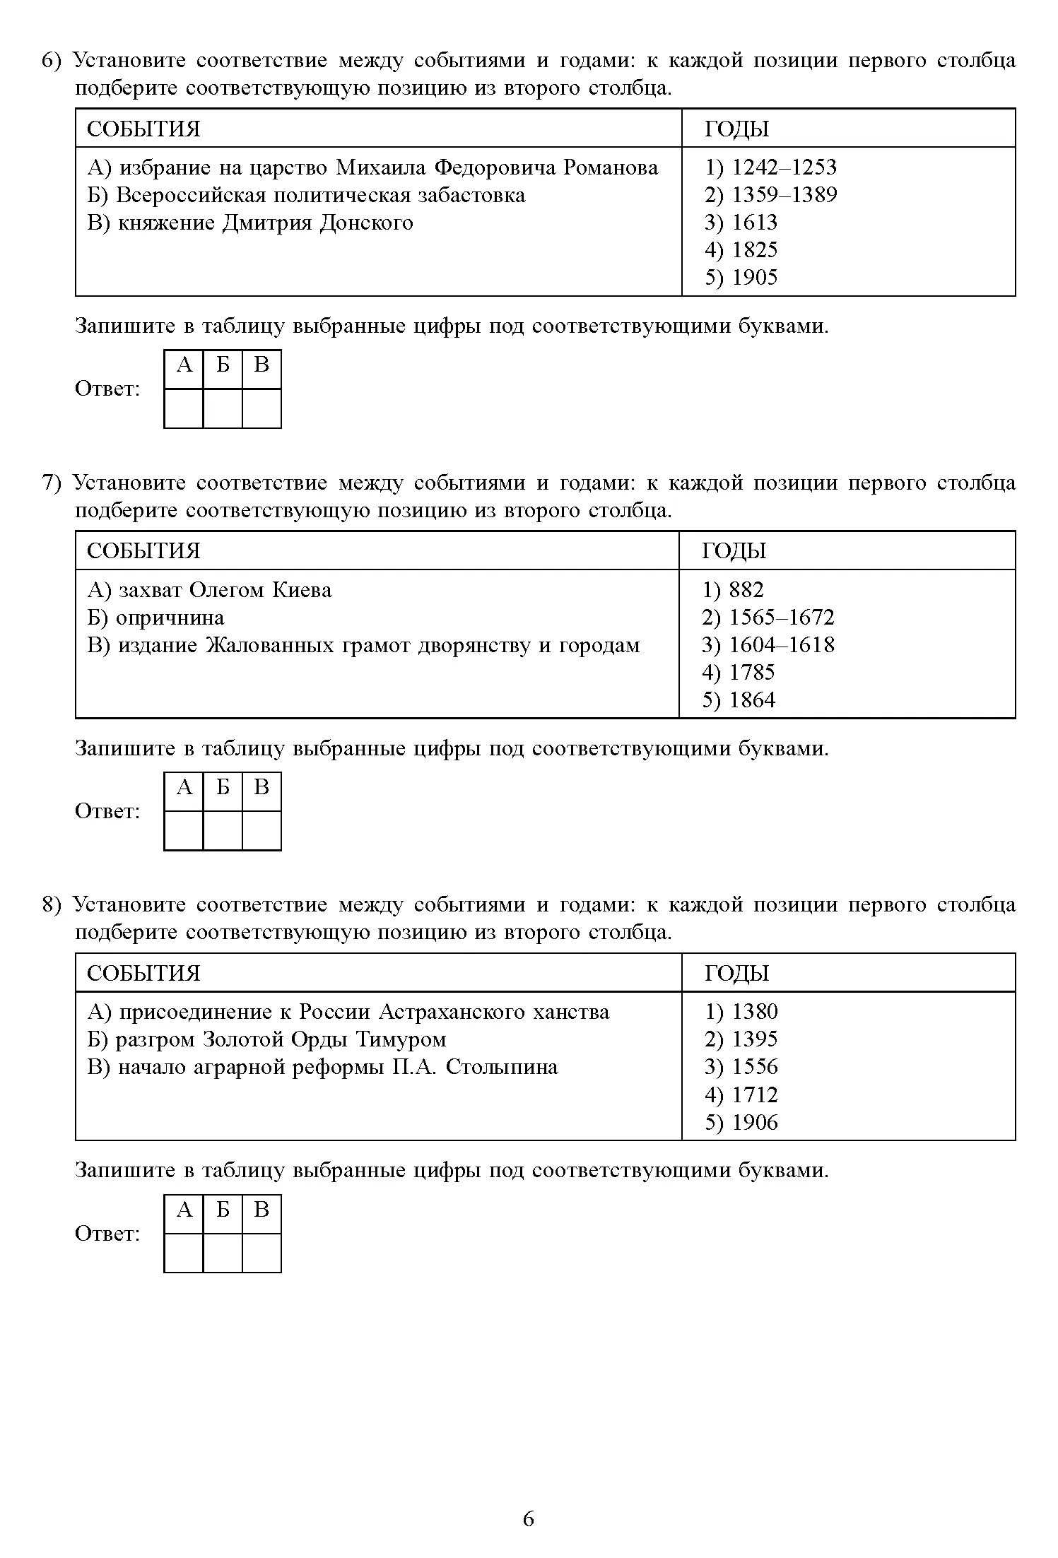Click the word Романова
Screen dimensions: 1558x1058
[x=611, y=167]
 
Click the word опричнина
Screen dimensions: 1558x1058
[x=170, y=618]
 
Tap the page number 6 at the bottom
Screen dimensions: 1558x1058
[x=529, y=1518]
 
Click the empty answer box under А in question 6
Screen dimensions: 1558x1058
[x=184, y=408]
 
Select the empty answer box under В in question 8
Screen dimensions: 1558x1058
[x=261, y=1253]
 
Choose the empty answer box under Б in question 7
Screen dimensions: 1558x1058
[x=223, y=830]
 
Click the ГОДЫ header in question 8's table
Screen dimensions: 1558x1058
[x=736, y=973]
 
